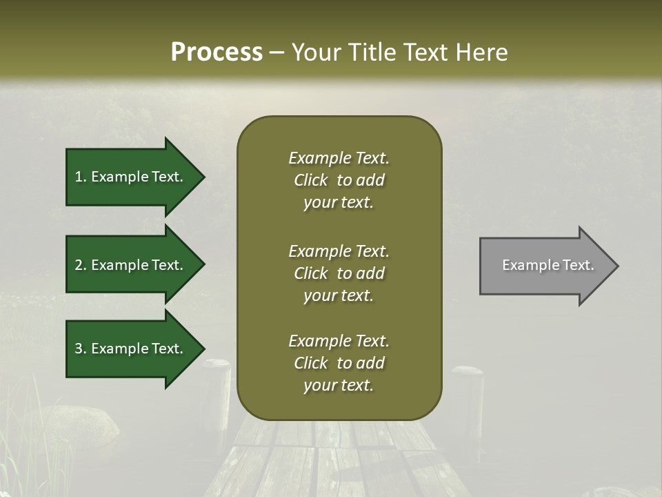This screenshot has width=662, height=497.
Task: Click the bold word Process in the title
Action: point(217,52)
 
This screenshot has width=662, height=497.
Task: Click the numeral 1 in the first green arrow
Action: point(79,177)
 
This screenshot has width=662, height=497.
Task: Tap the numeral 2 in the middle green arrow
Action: point(79,265)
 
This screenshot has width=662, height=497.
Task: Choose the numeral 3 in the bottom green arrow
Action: point(79,349)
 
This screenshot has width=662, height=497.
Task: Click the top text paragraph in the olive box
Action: point(339,180)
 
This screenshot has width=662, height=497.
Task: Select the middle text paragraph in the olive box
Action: point(339,273)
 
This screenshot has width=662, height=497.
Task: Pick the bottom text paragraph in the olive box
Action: point(339,363)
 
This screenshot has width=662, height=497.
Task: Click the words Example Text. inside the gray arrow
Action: point(548,265)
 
